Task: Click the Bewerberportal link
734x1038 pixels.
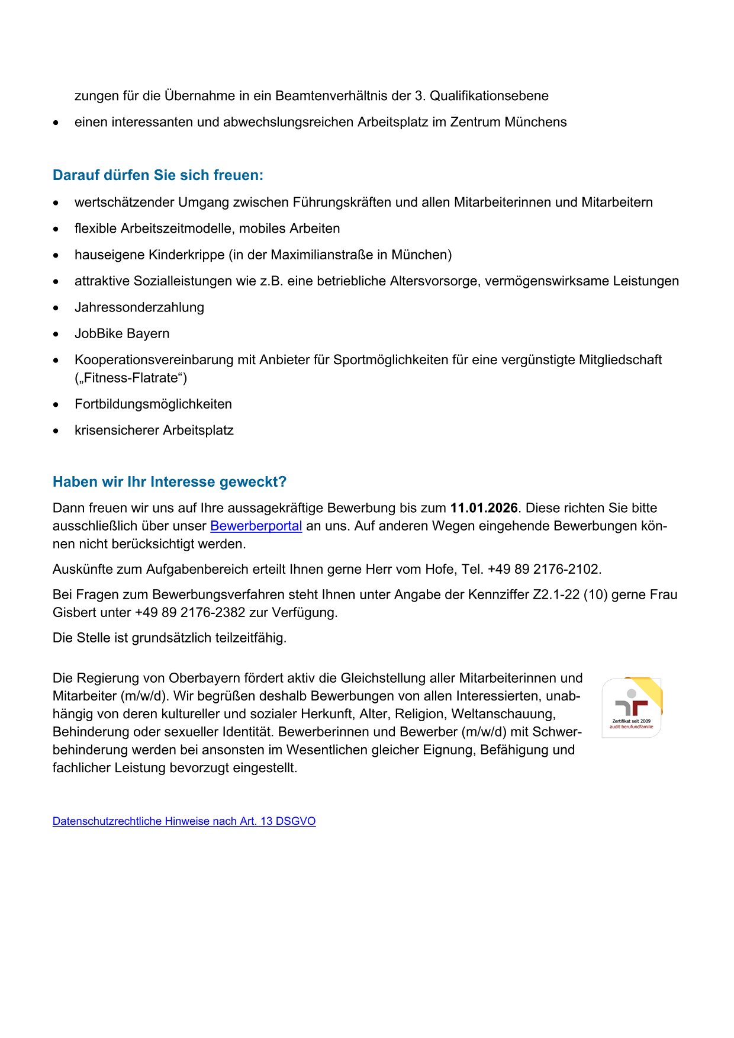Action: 256,526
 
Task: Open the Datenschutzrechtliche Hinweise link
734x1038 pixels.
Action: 183,821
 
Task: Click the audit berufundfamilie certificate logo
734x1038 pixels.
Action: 632,708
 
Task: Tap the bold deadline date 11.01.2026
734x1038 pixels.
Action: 484,508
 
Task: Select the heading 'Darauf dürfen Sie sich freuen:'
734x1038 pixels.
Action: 158,175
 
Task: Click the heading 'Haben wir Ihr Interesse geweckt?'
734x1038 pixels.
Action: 169,482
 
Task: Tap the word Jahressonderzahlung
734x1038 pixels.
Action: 139,307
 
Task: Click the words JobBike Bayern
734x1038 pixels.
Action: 122,334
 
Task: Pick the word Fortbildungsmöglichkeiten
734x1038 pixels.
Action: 153,404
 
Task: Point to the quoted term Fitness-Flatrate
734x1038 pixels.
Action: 131,378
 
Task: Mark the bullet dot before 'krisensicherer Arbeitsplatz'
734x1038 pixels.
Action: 56,431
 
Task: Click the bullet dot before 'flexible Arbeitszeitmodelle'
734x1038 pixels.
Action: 56,229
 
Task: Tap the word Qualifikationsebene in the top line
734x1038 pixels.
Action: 489,96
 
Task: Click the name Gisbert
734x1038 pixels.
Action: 74,613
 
